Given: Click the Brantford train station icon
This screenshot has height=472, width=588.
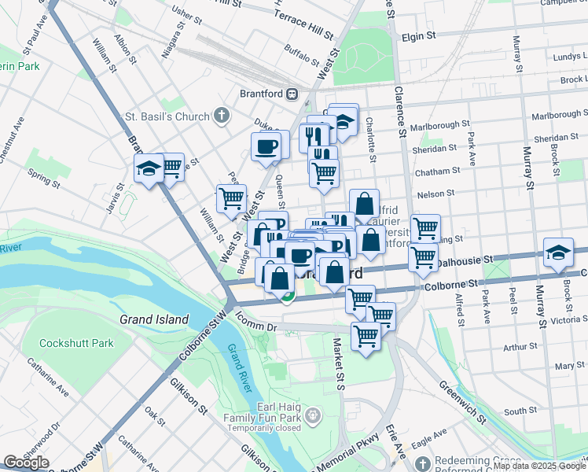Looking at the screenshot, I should click(292, 94).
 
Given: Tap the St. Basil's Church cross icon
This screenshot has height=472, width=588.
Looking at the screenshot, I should click(222, 116).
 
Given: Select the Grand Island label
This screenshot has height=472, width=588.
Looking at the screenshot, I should click(154, 319).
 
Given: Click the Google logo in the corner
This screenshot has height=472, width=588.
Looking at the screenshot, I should click(26, 463).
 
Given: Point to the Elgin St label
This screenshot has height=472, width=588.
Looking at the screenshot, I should click(418, 36).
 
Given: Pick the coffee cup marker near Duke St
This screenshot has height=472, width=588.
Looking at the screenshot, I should click(266, 146).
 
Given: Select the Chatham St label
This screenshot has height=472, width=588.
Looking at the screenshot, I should click(439, 171).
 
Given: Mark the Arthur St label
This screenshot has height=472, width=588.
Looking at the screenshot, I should click(520, 346).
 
